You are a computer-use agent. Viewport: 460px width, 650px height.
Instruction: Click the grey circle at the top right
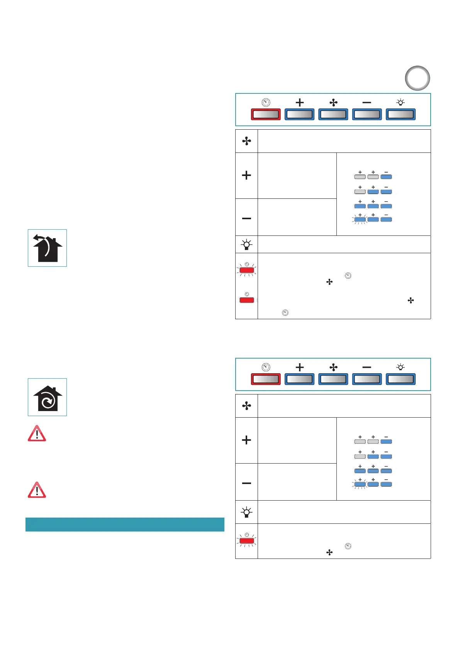coord(417,78)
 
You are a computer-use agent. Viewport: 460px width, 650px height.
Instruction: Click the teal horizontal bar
coord(125,525)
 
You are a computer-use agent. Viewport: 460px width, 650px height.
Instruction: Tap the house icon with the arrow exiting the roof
coord(47,248)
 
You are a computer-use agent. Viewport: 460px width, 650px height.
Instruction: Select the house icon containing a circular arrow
coord(47,397)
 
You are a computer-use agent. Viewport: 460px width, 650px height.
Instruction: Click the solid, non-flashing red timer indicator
coord(247,300)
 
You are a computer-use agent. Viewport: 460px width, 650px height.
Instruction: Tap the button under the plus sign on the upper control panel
coord(299,115)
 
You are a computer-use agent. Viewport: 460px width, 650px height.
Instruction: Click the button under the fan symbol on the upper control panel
coord(333,115)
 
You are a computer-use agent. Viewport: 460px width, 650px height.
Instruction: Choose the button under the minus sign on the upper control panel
coord(367,115)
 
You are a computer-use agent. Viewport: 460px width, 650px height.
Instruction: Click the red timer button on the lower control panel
coord(266,379)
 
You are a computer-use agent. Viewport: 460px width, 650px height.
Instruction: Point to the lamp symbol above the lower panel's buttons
coord(401,367)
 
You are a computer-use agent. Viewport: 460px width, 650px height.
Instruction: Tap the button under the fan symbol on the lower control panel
coord(333,379)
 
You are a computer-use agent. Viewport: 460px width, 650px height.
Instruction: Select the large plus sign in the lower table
coord(246,440)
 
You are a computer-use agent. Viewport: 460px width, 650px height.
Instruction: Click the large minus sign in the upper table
coord(246,218)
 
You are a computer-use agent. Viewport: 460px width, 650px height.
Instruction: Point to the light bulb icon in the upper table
coord(246,245)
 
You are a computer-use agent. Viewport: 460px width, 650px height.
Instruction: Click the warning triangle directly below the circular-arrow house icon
coord(37,434)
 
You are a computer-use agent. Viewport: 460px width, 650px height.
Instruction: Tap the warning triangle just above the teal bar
coord(37,490)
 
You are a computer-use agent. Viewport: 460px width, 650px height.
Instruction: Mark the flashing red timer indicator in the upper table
coord(247,270)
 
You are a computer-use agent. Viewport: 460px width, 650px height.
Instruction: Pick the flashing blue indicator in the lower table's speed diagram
coord(360,484)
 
